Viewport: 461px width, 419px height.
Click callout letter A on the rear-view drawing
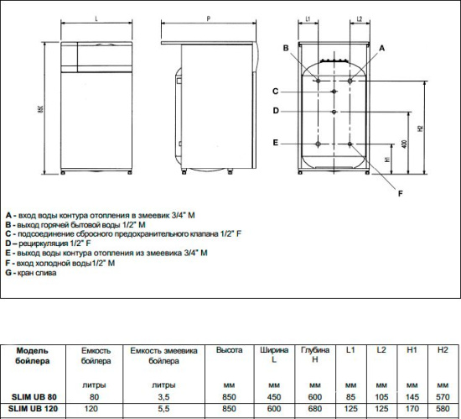point(381,50)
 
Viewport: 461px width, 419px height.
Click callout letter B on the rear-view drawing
point(287,49)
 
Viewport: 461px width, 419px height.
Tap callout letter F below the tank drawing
point(400,194)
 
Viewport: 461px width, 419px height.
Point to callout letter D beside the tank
point(275,111)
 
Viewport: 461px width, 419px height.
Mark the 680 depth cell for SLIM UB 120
point(315,410)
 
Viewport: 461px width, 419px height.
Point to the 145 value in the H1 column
point(412,397)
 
